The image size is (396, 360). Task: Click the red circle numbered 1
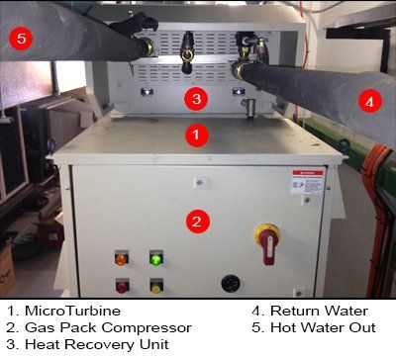tap(197, 132)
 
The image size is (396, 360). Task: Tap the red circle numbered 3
tap(197, 98)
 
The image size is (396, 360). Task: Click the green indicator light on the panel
tap(155, 259)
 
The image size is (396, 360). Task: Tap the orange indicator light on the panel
tap(122, 259)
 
